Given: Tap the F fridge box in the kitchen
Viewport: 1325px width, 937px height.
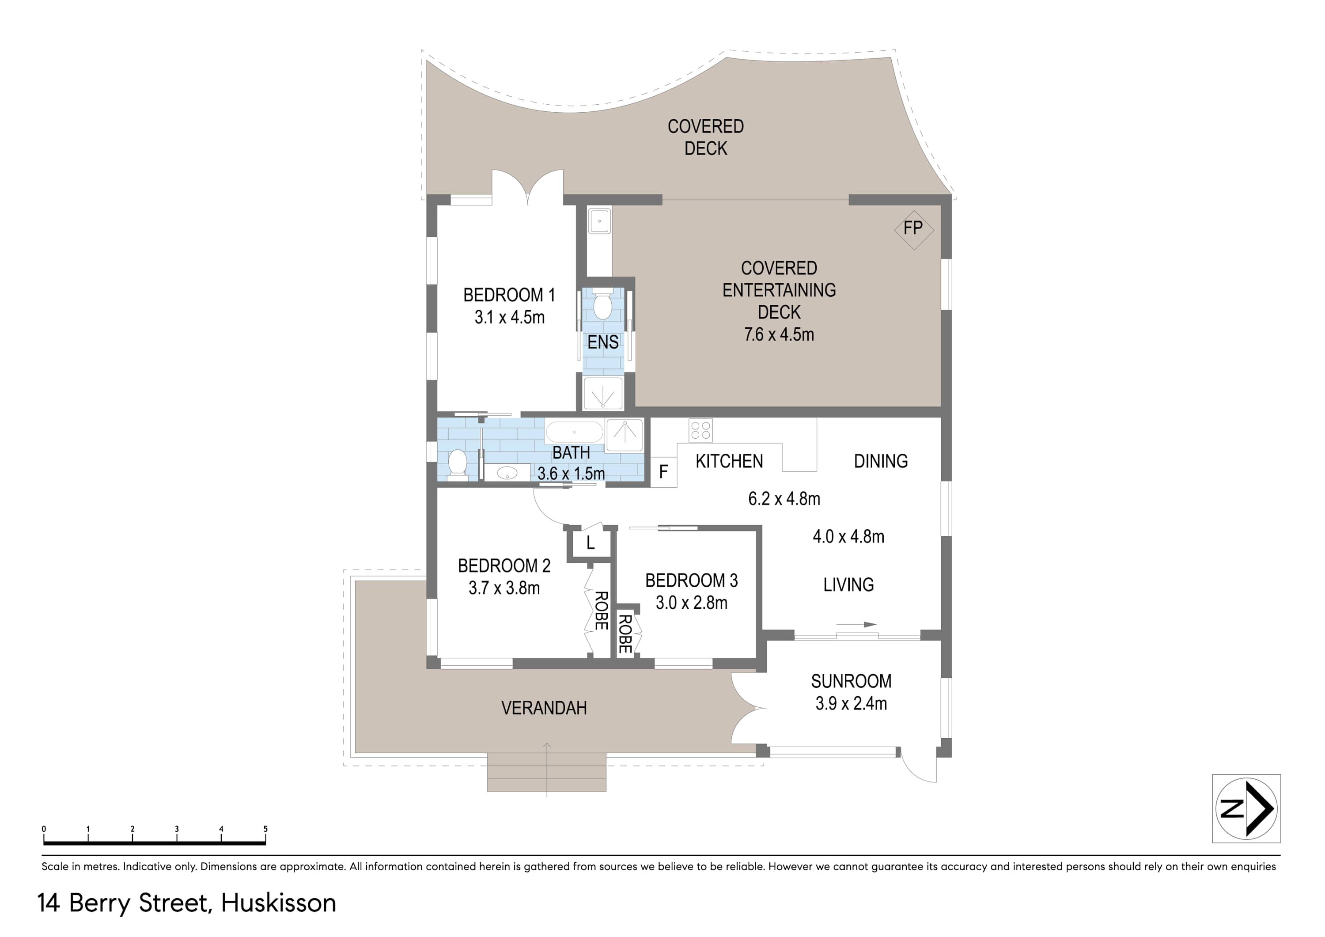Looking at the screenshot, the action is [664, 472].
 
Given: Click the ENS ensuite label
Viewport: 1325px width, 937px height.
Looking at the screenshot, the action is [603, 342].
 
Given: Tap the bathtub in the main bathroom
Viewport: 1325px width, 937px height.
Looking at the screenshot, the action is [574, 432].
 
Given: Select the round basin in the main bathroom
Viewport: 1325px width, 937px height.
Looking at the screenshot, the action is [508, 472].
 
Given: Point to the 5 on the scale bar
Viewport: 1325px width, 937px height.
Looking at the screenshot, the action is [265, 829].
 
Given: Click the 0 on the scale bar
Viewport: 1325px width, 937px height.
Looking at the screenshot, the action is [44, 829].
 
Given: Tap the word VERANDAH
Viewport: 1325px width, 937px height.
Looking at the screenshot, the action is [544, 708].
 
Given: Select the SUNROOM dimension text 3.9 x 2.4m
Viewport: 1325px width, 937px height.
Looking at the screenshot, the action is [851, 703].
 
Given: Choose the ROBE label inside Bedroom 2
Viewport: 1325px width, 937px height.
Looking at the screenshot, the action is [601, 610].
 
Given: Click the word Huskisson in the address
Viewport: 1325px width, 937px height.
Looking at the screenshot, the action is [278, 903].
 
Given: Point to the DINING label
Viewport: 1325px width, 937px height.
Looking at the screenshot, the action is [881, 461].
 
